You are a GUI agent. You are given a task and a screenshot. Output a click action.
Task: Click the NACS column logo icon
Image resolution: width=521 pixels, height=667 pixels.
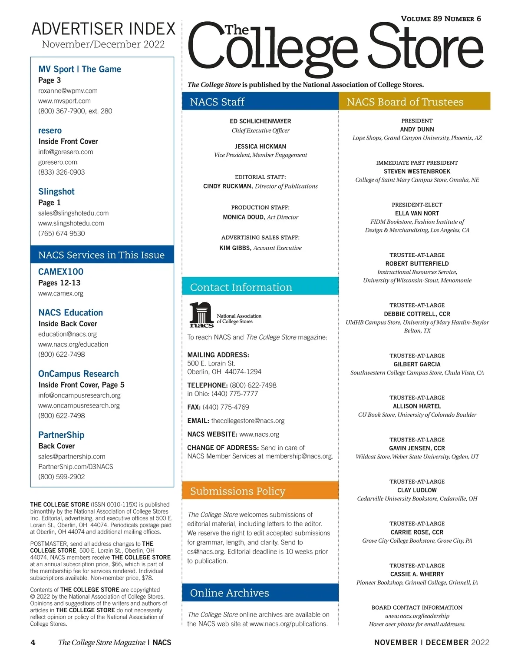pyautogui.click(x=201, y=315)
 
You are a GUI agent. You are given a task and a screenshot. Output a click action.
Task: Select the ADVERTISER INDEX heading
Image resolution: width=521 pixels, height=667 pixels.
pyautogui.click(x=103, y=29)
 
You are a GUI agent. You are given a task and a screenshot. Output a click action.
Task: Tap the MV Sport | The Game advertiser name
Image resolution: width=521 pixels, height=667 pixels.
pyautogui.click(x=79, y=69)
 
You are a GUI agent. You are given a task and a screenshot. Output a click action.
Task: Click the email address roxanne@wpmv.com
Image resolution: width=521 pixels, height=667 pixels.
pyautogui.click(x=68, y=91)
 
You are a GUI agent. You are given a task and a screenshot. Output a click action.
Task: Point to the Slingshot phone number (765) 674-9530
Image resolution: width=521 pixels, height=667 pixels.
pyautogui.click(x=62, y=233)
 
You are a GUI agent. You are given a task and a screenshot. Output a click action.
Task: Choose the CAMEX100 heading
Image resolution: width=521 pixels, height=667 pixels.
pyautogui.click(x=61, y=272)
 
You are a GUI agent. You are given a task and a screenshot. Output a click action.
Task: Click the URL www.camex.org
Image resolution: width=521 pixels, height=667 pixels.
pyautogui.click(x=61, y=293)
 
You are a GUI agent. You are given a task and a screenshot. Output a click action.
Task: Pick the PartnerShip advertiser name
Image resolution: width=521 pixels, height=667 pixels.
pyautogui.click(x=61, y=435)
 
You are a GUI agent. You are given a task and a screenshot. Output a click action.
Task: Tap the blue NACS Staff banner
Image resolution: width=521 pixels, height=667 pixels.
pyautogui.click(x=260, y=102)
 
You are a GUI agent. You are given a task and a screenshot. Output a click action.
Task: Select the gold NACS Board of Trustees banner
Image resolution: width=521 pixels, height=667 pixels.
pyautogui.click(x=414, y=102)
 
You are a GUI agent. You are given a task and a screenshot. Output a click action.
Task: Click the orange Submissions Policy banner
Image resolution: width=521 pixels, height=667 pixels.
pyautogui.click(x=260, y=491)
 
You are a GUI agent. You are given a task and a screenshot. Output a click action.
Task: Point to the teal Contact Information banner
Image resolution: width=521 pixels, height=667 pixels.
pyautogui.click(x=260, y=287)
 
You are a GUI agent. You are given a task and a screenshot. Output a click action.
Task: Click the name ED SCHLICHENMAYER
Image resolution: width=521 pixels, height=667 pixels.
pyautogui.click(x=260, y=121)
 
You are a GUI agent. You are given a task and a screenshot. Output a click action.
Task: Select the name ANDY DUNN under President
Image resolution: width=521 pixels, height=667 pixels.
pyautogui.click(x=417, y=129)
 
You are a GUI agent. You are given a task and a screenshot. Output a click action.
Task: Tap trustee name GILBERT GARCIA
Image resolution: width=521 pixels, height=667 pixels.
pyautogui.click(x=417, y=364)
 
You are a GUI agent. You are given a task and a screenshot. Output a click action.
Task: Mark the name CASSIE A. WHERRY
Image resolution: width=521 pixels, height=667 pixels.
pyautogui.click(x=417, y=574)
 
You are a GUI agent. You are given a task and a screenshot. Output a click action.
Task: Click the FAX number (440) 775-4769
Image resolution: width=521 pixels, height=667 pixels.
pyautogui.click(x=226, y=407)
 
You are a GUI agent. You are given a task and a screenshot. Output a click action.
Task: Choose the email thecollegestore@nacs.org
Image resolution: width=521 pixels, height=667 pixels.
pyautogui.click(x=247, y=421)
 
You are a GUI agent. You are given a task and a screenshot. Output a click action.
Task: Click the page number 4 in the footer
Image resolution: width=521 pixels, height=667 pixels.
pyautogui.click(x=33, y=642)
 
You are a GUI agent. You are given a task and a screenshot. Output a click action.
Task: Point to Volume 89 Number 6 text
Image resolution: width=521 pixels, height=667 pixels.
pyautogui.click(x=441, y=19)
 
